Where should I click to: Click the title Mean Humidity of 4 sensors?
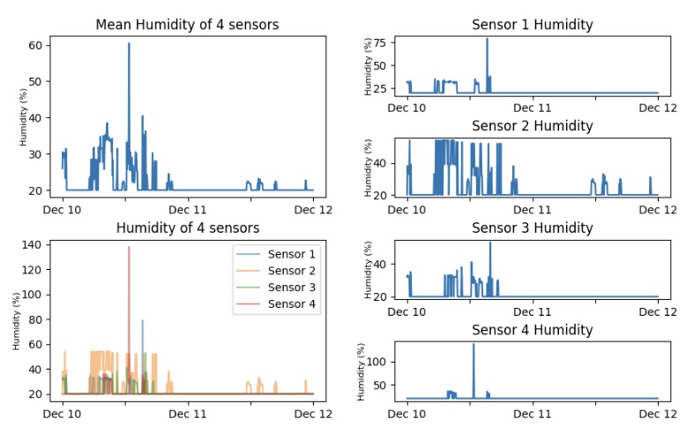pos(187,25)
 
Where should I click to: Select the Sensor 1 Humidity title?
pos(532,25)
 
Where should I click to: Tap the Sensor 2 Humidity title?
pos(532,126)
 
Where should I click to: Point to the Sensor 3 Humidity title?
pos(532,228)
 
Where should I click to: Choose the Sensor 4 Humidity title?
pos(532,330)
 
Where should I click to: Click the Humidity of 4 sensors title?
pos(187,228)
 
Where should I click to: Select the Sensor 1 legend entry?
pos(293,254)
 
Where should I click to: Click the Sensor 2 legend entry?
pos(293,271)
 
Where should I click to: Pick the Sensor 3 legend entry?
pos(293,288)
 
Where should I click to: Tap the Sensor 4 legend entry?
pos(293,305)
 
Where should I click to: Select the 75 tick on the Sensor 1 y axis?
pos(380,42)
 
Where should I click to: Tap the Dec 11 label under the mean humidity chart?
pos(187,210)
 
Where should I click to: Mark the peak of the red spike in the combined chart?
pos(129,247)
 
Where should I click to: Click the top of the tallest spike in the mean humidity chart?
pos(129,43)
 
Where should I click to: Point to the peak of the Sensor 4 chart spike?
pos(473,344)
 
